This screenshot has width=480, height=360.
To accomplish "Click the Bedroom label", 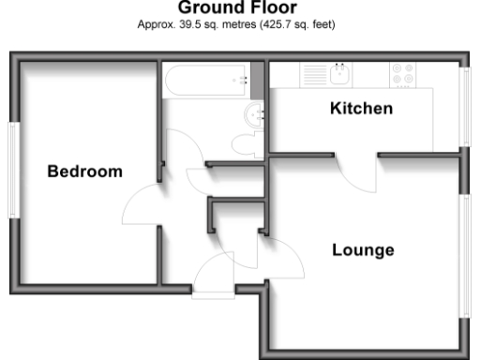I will pyautogui.click(x=85, y=172).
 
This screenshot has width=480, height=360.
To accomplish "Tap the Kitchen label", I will pyautogui.click(x=361, y=109).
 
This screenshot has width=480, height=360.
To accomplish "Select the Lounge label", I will pyautogui.click(x=362, y=250).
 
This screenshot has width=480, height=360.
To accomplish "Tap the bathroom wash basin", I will pyautogui.click(x=255, y=114).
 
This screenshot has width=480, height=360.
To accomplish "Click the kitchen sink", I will pyautogui.click(x=340, y=73).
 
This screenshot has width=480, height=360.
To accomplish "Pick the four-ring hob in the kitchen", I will pyautogui.click(x=404, y=74).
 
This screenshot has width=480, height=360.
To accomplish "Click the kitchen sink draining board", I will pyautogui.click(x=313, y=73).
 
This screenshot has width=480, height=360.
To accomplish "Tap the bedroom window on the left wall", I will pyautogui.click(x=12, y=167).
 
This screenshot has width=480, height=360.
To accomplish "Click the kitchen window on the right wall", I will pyautogui.click(x=465, y=106).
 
